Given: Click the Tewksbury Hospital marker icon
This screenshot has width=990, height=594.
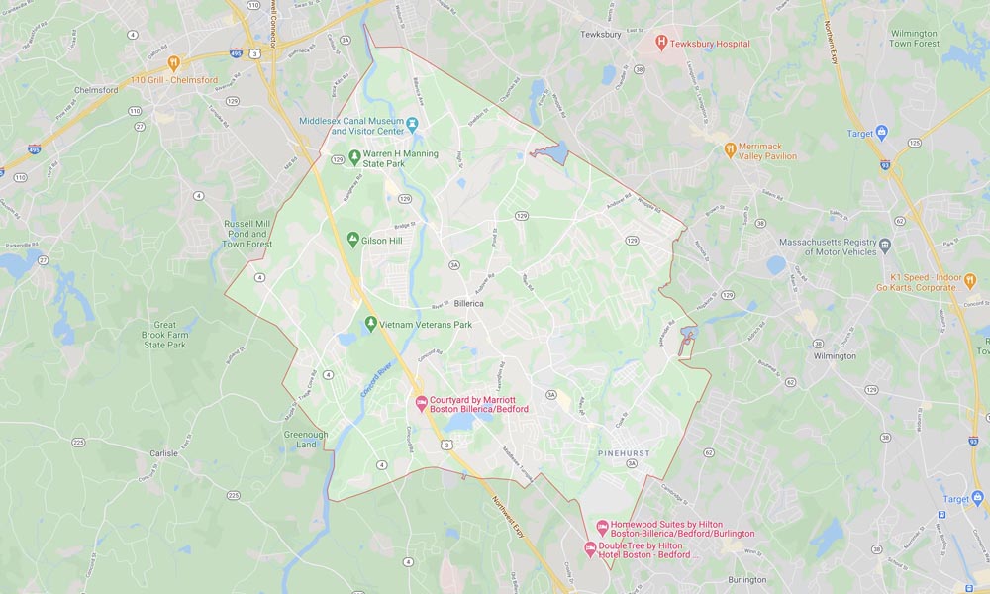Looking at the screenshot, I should click(661, 43).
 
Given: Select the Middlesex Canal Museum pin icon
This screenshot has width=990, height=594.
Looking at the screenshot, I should click(413, 125).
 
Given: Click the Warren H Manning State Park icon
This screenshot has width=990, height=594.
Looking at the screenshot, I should click(353, 156).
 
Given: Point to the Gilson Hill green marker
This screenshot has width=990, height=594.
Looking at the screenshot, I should click(352, 239).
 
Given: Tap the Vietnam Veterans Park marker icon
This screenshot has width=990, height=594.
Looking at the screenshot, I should click(370, 324).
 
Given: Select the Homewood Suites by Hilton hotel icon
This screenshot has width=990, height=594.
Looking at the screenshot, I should click(601, 528).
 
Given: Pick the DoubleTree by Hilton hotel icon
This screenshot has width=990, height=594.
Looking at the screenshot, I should click(590, 548).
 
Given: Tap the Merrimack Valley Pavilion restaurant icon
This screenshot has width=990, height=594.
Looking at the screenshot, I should click(730, 150).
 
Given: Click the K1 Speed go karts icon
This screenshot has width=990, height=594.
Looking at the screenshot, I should click(969, 280).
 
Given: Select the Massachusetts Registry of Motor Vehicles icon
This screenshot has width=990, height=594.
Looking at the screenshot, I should click(885, 246).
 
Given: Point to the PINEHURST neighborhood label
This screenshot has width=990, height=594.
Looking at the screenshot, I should click(625, 452).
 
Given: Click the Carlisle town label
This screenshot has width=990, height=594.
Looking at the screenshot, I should click(163, 452).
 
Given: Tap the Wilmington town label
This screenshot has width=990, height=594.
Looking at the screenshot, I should click(834, 356).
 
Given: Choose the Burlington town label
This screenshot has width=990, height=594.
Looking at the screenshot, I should click(747, 579).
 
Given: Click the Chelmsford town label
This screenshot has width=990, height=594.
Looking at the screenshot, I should click(97, 90).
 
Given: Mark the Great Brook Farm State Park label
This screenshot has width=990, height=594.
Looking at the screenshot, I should click(164, 335).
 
